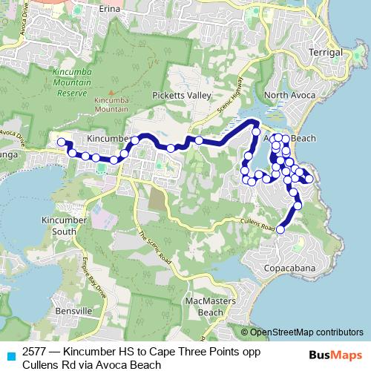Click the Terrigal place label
tap(326, 53)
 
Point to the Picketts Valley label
tap(182, 96)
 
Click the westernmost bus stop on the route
tap(61, 141)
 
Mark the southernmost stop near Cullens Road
tap(280, 230)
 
